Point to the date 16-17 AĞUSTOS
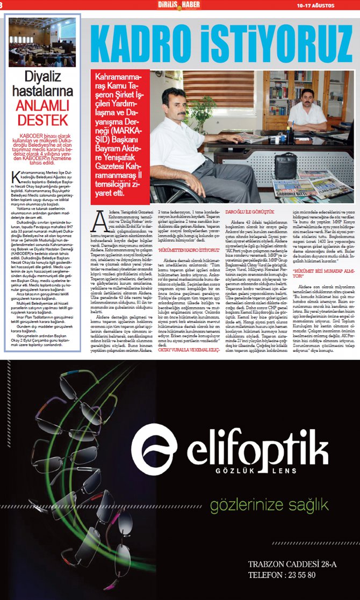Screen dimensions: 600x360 click(x=315, y=5)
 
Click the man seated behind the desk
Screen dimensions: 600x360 click(x=307, y=107)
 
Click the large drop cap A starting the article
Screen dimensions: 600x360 click(x=100, y=220)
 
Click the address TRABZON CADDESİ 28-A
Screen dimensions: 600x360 click(x=292, y=564)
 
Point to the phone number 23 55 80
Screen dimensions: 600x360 click(x=290, y=575)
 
